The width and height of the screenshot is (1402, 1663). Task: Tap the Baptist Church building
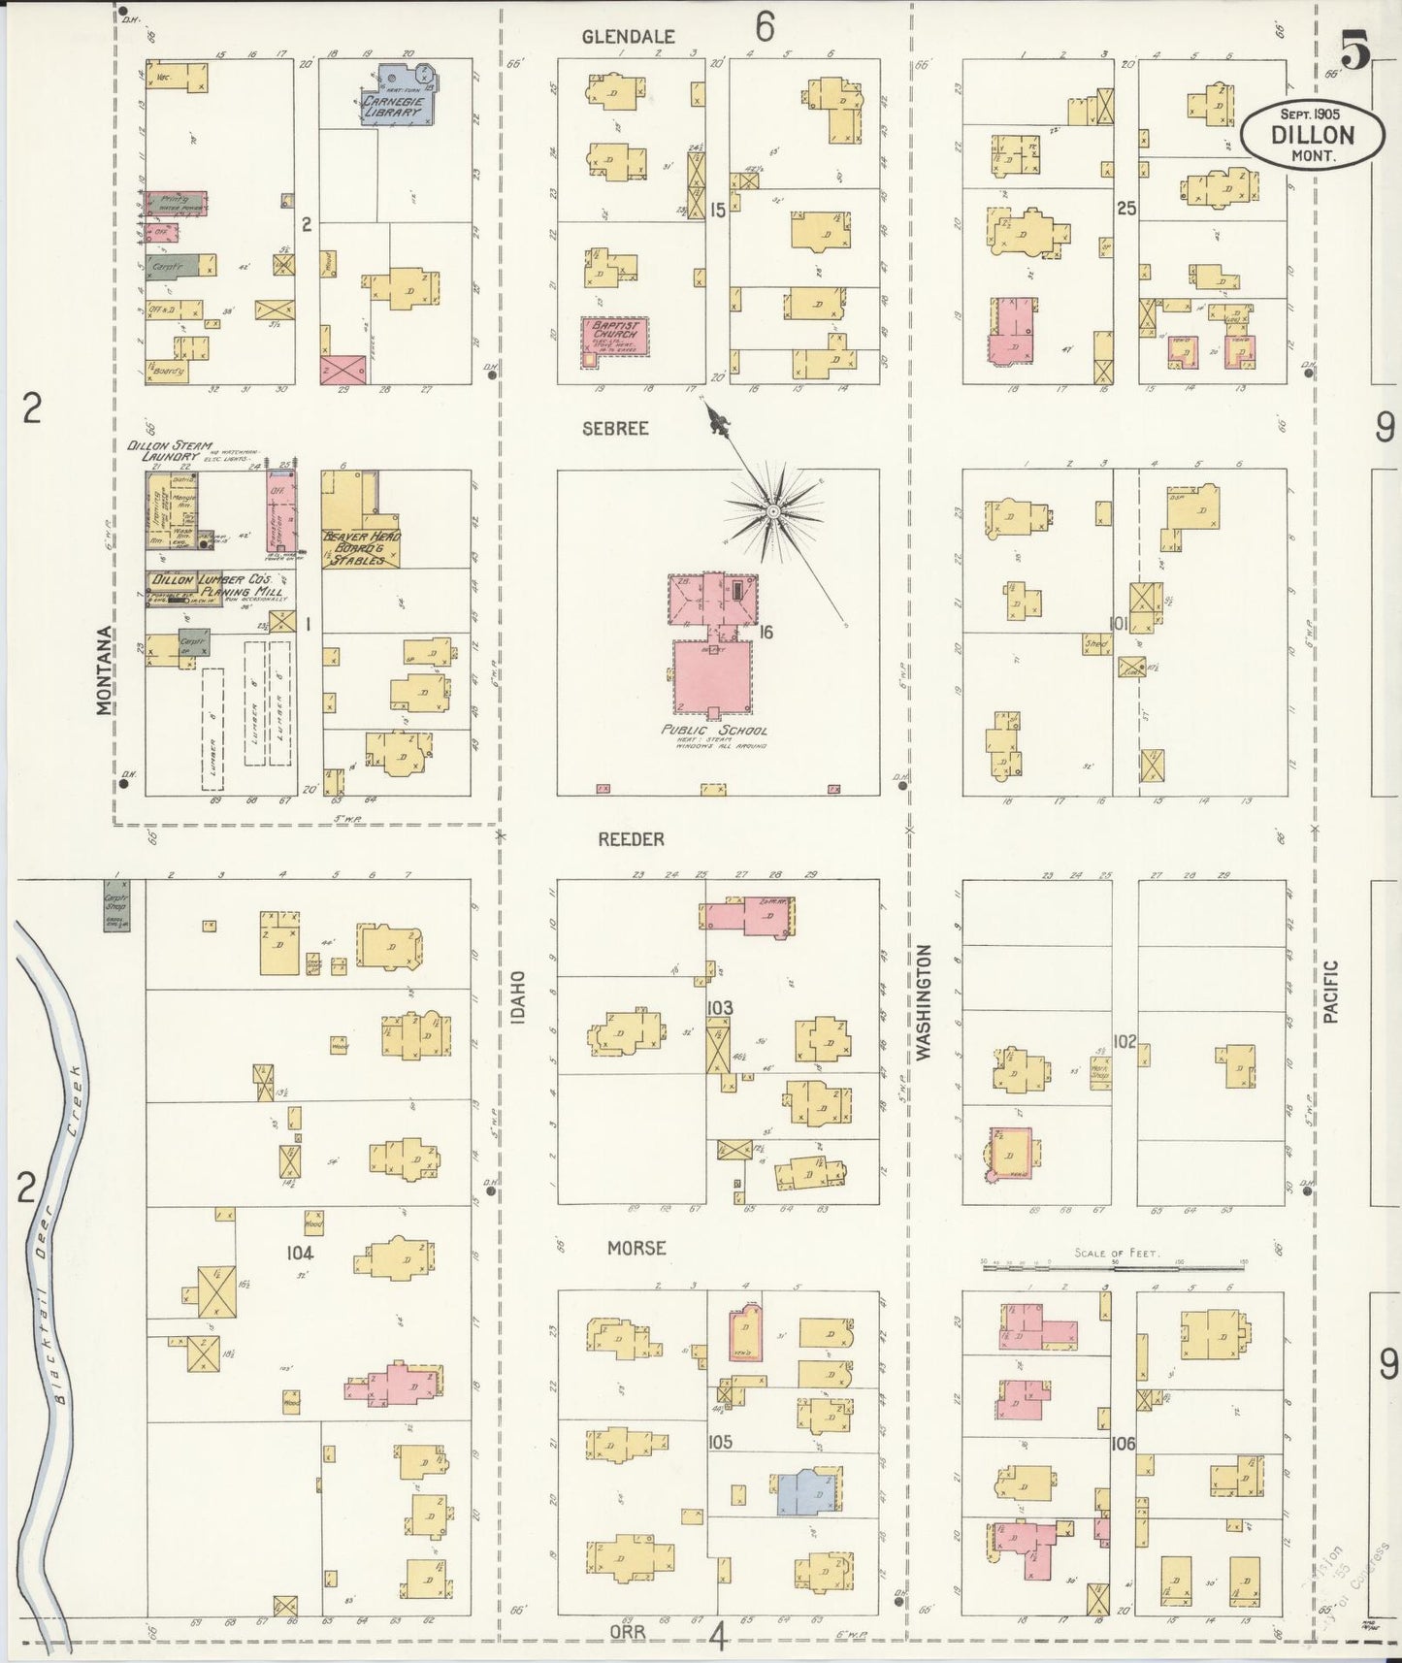615,338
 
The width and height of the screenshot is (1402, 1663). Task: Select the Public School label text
714,731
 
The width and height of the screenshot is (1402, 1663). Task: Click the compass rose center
772,510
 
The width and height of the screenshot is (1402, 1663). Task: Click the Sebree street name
615,428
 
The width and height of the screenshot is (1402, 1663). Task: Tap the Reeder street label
631,839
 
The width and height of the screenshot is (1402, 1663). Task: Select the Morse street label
636,1248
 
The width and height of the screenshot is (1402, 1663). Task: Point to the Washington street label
923,1001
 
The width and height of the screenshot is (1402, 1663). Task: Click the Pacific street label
1330,991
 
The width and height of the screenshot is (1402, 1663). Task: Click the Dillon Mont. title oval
1313,136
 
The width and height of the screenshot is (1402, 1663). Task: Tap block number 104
300,1254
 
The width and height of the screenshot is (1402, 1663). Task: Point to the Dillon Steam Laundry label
169,451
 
